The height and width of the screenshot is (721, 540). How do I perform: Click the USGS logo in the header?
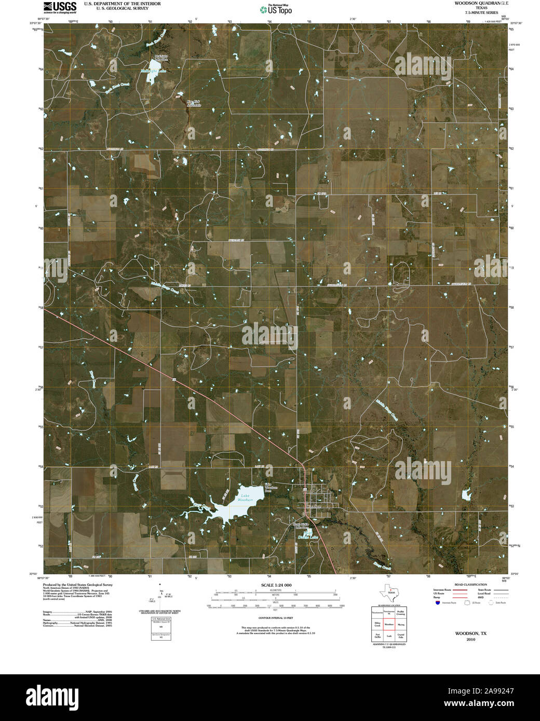59,7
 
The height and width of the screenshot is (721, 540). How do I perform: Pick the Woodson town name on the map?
314,506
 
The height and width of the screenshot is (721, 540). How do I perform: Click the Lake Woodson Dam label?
272,488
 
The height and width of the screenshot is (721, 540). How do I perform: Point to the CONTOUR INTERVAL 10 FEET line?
273,618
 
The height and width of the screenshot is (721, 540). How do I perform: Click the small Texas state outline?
388,591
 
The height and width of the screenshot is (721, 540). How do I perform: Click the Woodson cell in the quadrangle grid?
388,625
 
